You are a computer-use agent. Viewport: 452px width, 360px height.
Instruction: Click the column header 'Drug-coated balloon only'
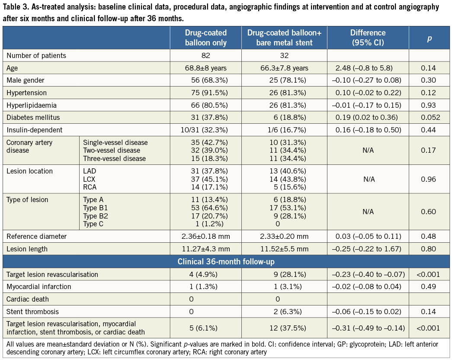click(x=205, y=38)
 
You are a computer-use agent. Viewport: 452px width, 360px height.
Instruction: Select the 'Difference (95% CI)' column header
click(x=368, y=38)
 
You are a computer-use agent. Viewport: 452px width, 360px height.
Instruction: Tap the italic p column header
click(x=429, y=38)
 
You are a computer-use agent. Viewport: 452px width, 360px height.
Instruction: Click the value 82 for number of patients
click(x=205, y=55)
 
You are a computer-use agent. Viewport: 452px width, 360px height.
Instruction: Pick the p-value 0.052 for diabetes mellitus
click(x=429, y=118)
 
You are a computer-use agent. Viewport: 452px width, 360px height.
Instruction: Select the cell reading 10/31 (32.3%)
click(x=205, y=130)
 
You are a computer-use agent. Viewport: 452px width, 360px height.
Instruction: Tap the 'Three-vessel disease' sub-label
click(x=115, y=159)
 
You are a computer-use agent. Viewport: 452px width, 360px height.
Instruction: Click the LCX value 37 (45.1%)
click(x=205, y=179)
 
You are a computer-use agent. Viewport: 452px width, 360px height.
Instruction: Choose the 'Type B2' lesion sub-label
click(x=96, y=216)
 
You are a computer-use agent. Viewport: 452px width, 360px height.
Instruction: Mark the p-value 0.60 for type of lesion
click(x=429, y=212)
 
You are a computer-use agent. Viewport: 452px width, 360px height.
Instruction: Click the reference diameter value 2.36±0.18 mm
click(x=205, y=236)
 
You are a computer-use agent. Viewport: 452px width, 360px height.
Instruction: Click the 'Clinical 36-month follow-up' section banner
click(x=226, y=262)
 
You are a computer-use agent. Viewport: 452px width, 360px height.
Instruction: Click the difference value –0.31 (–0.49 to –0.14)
click(x=368, y=328)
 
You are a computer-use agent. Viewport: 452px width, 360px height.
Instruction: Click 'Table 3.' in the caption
click(x=16, y=7)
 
